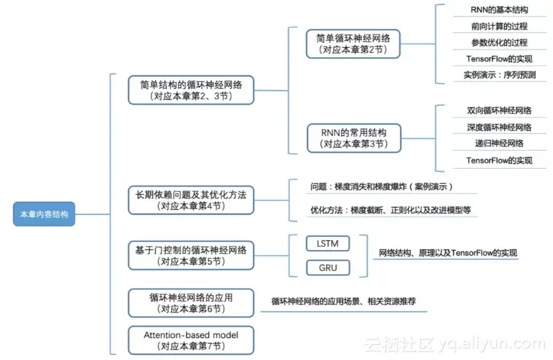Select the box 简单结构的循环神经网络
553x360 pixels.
191,90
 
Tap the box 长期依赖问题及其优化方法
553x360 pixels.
191,200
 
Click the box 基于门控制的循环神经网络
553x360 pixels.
191,255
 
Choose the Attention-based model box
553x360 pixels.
191,339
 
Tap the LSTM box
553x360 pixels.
328,243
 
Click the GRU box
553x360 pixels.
328,268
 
